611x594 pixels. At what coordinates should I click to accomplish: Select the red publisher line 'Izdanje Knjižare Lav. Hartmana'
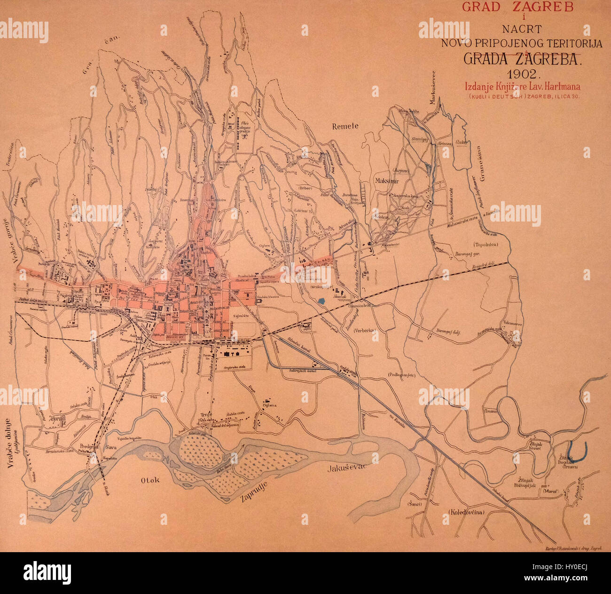tap(523, 87)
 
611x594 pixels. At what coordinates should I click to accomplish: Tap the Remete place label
tap(345, 126)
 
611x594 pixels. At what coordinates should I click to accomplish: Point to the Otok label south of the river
tap(150, 480)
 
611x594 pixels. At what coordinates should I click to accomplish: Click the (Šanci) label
tap(415, 504)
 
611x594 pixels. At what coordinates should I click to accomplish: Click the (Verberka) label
tap(366, 330)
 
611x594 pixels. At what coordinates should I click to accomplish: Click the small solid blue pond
tap(321, 301)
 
